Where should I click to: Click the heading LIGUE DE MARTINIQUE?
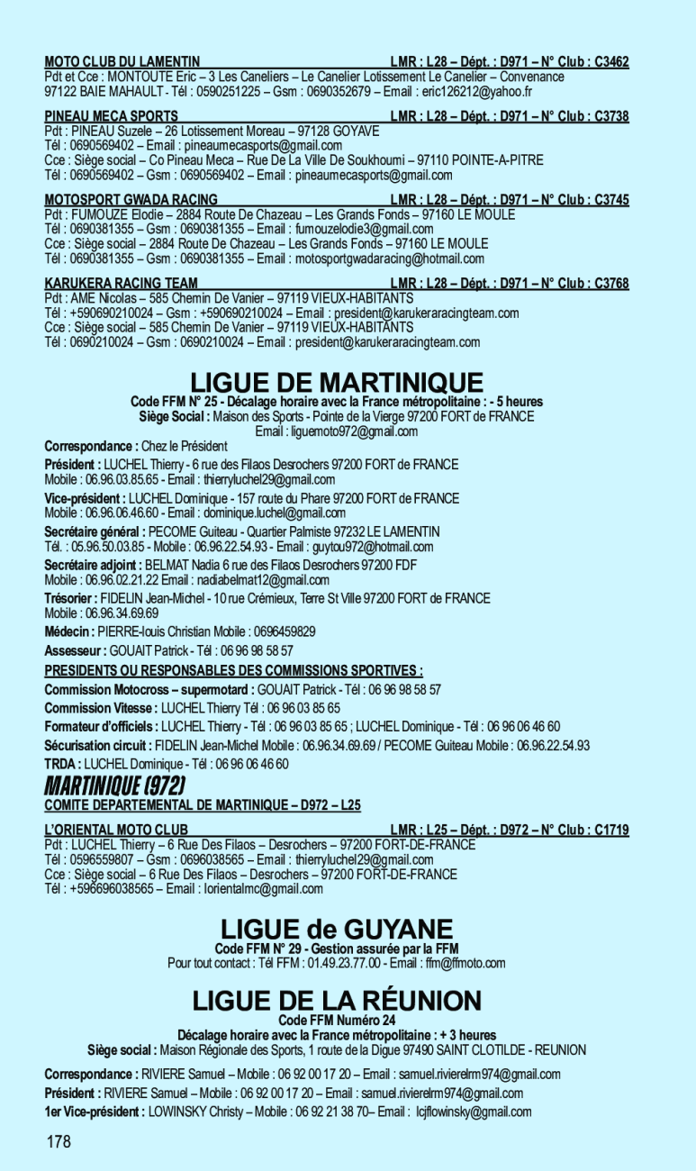coord(338,382)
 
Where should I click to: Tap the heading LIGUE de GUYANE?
coord(337,929)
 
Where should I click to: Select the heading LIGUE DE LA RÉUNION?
coord(337,1001)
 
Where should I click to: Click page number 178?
coord(59,1142)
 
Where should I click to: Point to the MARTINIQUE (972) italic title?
coord(116,785)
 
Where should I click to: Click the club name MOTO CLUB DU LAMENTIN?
coord(122,62)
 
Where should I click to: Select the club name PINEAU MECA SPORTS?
coord(112,116)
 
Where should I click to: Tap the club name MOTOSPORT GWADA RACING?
coord(131,199)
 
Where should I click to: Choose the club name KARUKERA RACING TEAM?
coord(122,283)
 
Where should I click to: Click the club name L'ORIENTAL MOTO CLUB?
coord(116,829)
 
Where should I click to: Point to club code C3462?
coord(610,62)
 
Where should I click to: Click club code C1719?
coord(610,829)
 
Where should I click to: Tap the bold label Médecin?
coord(69,631)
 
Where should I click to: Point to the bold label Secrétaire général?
coord(95,531)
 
